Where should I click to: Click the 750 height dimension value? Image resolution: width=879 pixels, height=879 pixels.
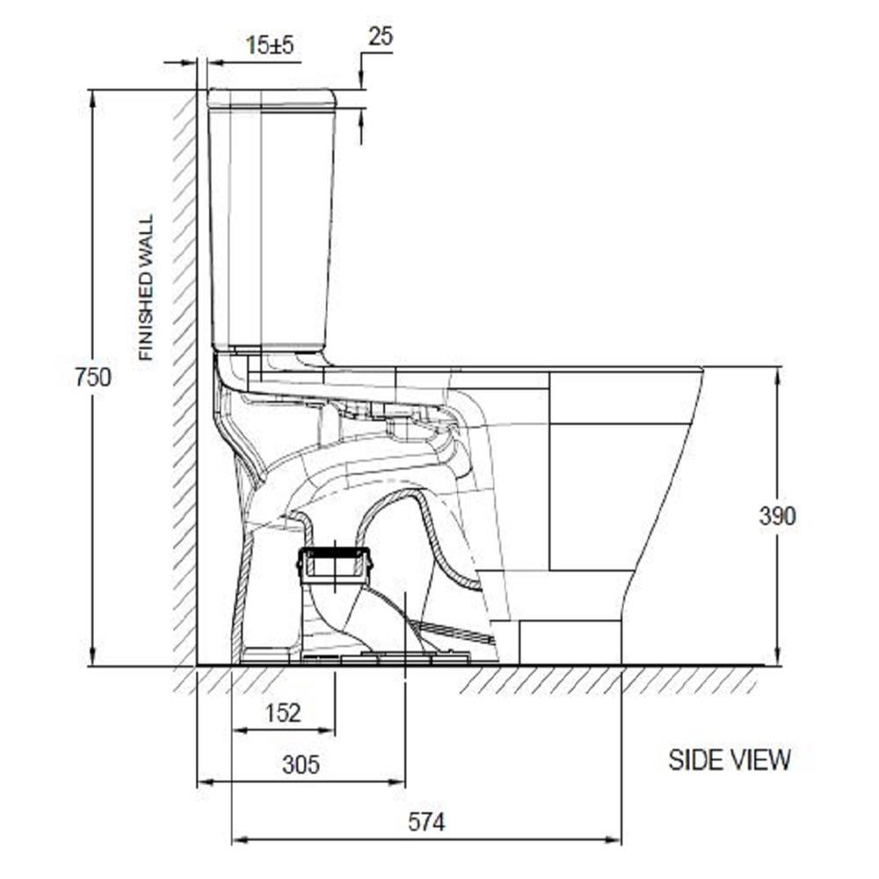[93, 377]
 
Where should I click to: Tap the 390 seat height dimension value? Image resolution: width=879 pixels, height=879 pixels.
[777, 516]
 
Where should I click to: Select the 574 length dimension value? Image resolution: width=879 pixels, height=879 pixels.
[426, 823]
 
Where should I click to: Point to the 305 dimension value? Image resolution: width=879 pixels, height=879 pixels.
[301, 764]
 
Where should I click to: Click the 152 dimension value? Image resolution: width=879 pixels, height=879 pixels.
[284, 713]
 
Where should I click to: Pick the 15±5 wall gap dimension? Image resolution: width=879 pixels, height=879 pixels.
[270, 45]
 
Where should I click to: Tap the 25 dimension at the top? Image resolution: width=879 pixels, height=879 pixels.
[381, 36]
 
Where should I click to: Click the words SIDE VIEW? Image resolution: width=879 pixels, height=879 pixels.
[730, 759]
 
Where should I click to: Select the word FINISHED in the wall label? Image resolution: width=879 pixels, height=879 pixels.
[146, 310]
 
